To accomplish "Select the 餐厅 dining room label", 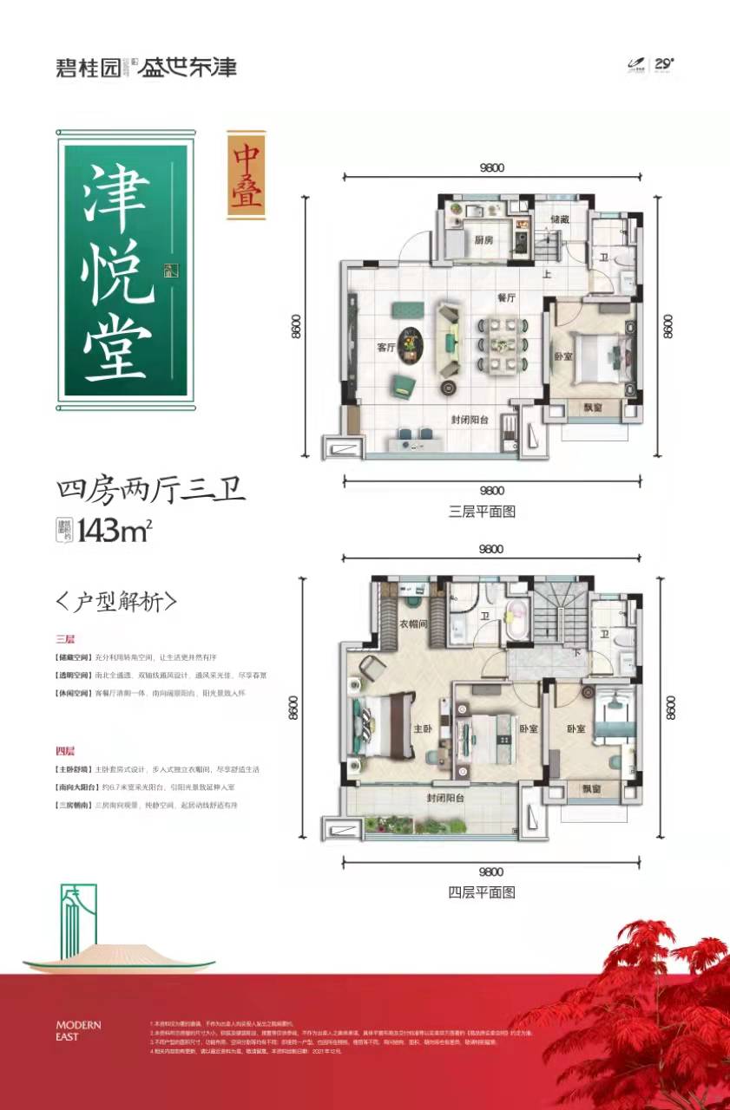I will (x=507, y=297).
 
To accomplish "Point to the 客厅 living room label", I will (x=386, y=347).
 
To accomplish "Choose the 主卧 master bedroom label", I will (x=423, y=729).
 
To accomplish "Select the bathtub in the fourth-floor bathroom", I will (x=519, y=621).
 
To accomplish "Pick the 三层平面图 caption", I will (x=482, y=512).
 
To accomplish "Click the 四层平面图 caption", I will (x=482, y=891).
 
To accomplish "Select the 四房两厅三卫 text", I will (x=151, y=491).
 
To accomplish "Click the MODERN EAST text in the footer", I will (x=78, y=1030).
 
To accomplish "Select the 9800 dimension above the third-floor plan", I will (x=490, y=168).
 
